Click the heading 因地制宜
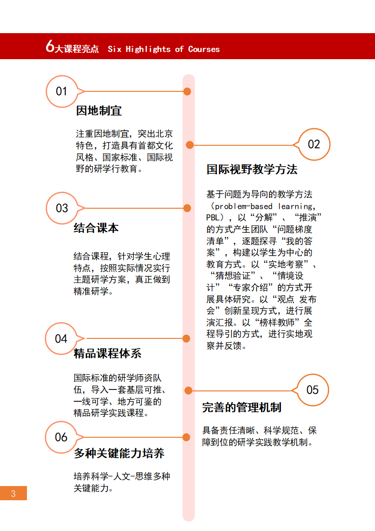click(x=99, y=111)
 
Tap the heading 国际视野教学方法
click(x=252, y=169)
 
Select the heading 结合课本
click(x=96, y=228)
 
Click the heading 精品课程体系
click(x=108, y=354)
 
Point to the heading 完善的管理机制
click(x=242, y=407)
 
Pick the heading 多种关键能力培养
click(x=119, y=453)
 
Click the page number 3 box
click(x=13, y=493)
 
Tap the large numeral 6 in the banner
click(x=50, y=46)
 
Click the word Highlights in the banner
click(x=148, y=49)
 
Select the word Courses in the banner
click(x=204, y=49)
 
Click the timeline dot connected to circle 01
click(x=187, y=91)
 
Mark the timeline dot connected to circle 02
click(x=190, y=145)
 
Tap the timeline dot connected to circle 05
click(x=189, y=390)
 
